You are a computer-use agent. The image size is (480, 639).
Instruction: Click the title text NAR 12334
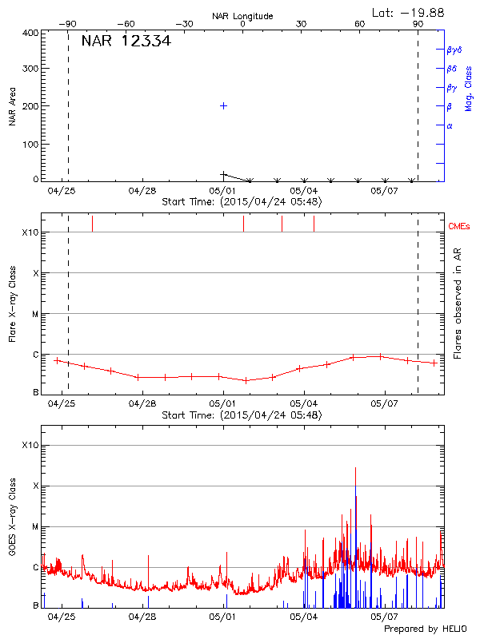point(126,42)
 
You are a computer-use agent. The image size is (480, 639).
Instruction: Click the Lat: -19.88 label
point(409,12)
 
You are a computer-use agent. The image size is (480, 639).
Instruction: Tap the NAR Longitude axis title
point(242,16)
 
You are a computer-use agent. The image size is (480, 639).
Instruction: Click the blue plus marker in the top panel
point(224,105)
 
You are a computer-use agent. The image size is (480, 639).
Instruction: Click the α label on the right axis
point(450,125)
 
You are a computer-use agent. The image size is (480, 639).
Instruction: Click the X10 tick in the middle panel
point(30,232)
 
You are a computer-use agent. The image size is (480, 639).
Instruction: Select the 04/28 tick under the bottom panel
point(142,617)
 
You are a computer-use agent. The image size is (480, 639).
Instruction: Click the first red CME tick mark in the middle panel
point(92,223)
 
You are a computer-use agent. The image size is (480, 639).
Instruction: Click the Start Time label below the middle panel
point(242,415)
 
